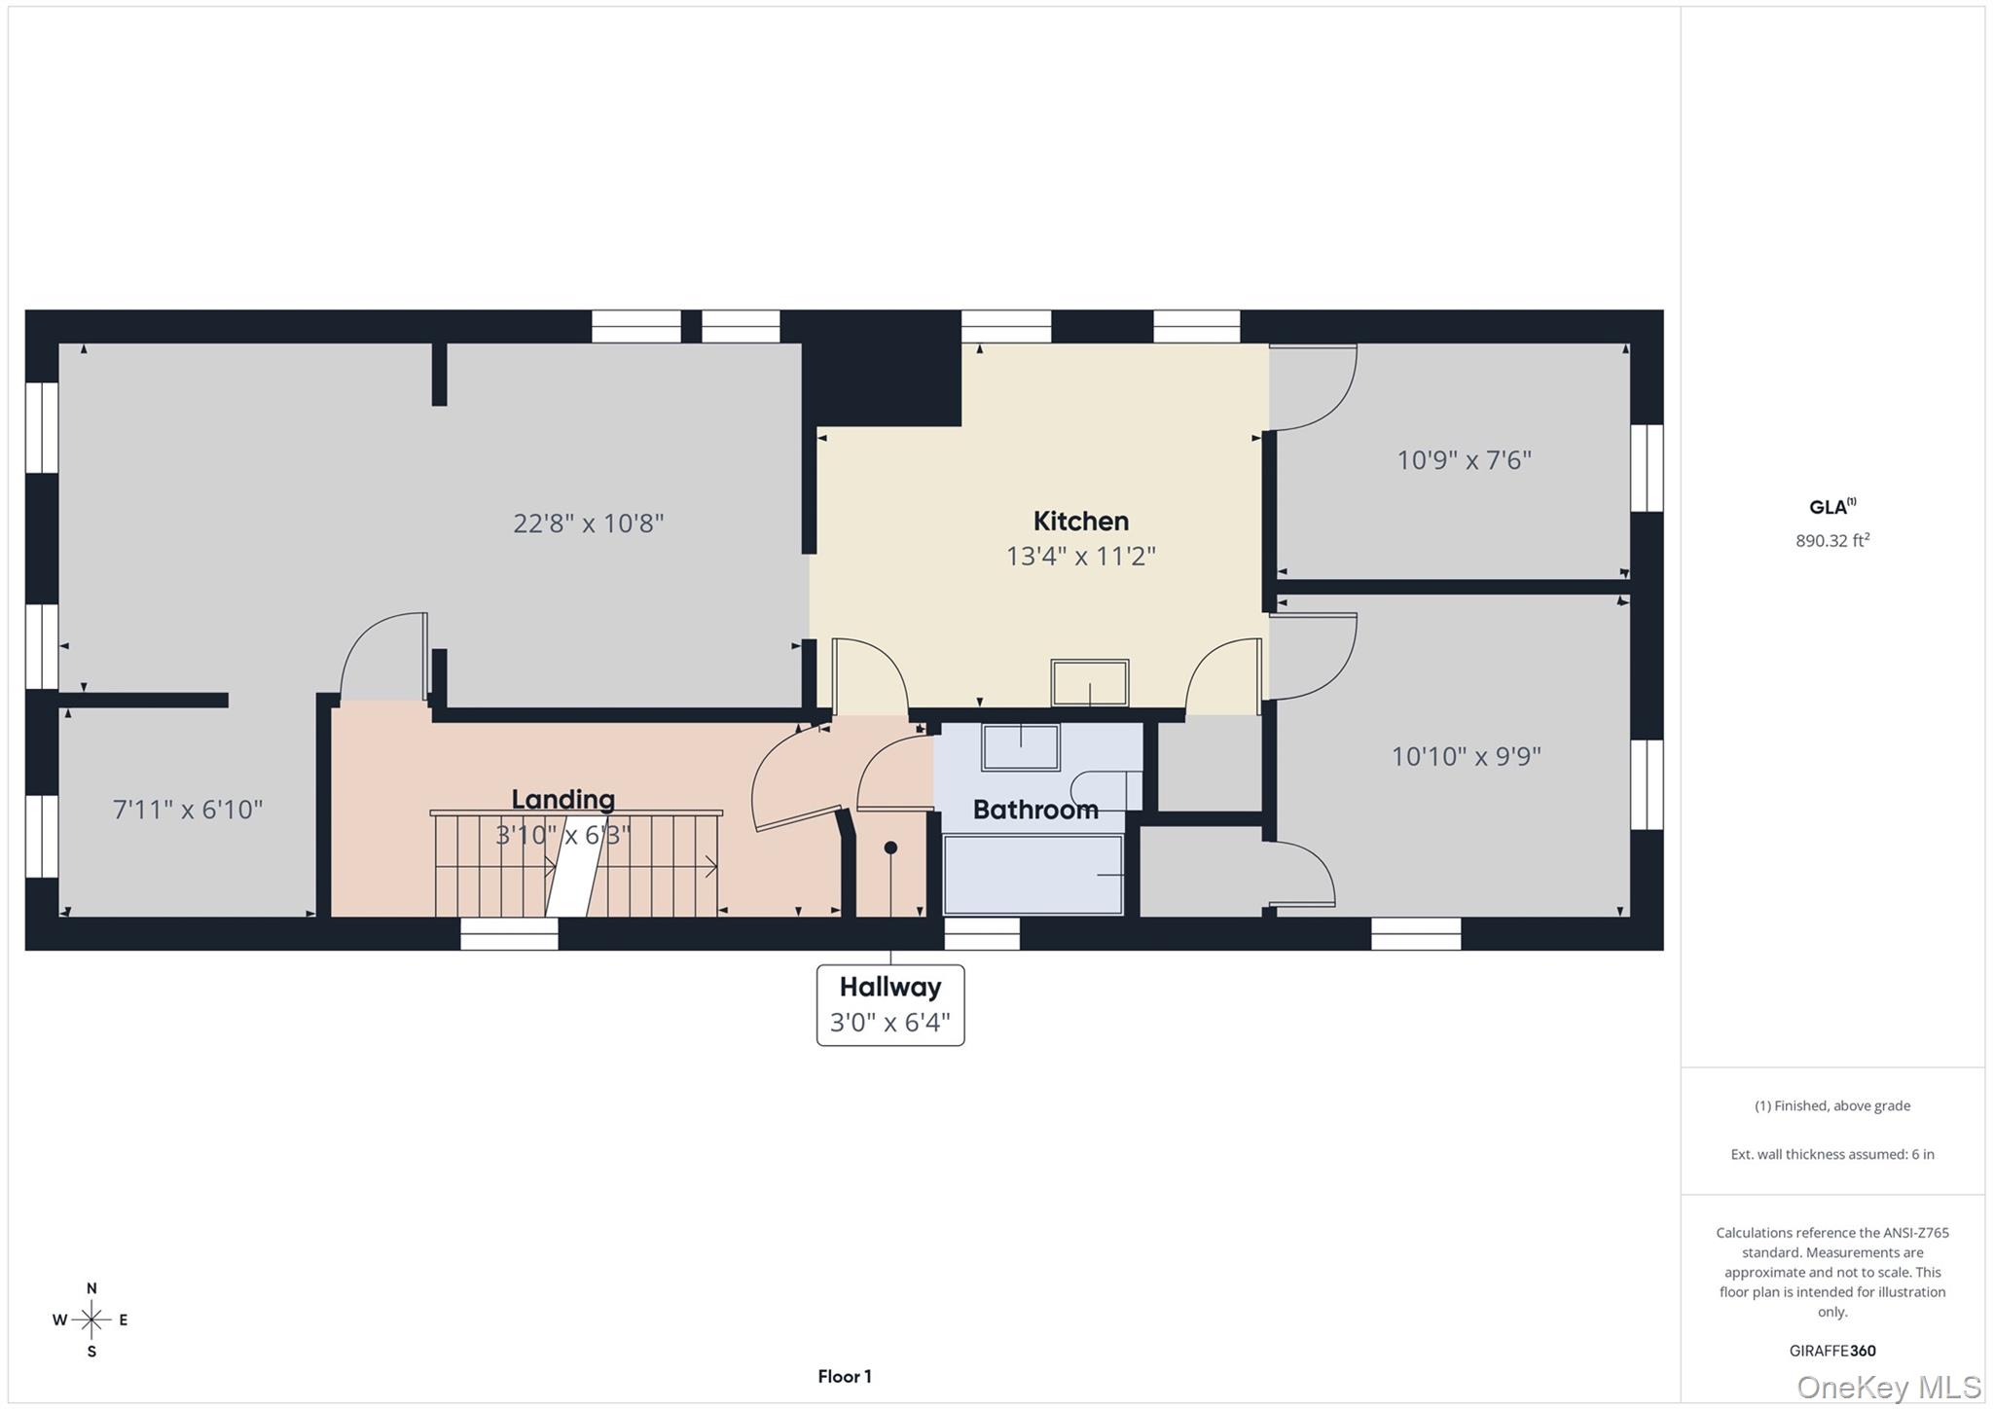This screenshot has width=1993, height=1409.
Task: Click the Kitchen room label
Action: pos(1080,522)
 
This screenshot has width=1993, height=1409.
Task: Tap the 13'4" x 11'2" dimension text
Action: pos(1080,557)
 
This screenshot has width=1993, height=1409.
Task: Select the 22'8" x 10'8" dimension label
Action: pos(588,524)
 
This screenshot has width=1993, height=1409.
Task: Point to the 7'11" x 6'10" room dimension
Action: pos(188,810)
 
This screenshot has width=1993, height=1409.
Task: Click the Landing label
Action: pos(562,800)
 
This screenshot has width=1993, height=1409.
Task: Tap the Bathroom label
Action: pos(1034,810)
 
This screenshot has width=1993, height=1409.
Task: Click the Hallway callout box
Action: pos(889,1005)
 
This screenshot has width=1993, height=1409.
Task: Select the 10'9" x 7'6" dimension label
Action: pos(1464,460)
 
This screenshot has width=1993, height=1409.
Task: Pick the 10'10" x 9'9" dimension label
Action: pos(1466,756)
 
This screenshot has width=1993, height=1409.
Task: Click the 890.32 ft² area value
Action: pos(1831,541)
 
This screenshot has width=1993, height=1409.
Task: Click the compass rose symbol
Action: pos(91,1319)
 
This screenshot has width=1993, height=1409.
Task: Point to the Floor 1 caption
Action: pos(844,1376)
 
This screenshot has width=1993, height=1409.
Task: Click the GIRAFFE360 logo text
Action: pos(1831,1351)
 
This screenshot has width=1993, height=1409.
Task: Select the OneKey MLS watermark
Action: pos(1888,1387)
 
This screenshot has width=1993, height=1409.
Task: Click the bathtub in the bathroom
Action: pos(1033,875)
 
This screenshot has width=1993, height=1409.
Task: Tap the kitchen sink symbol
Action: pos(1089,682)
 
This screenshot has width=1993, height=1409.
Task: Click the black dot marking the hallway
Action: pos(889,848)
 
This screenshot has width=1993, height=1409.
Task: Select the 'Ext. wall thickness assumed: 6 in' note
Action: pos(1831,1154)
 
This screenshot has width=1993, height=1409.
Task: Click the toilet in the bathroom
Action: pos(1105,790)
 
